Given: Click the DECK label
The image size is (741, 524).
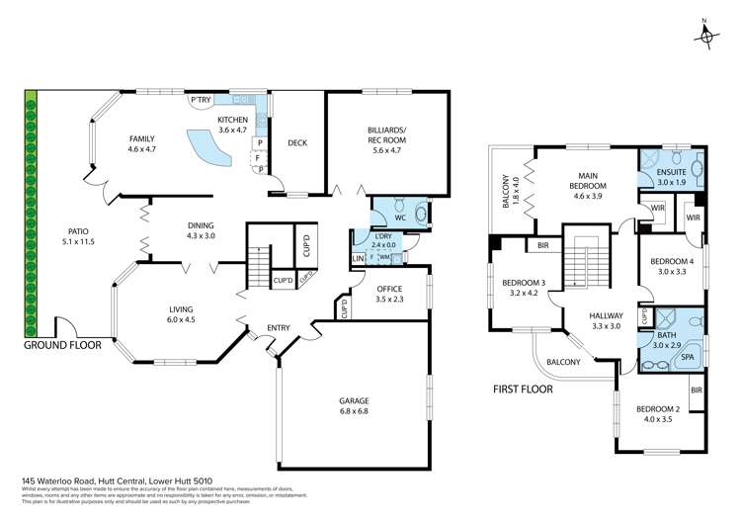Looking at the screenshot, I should click(296, 143).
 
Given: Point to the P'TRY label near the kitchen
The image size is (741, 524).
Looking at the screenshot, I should click(201, 99).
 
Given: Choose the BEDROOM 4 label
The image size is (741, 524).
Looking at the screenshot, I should click(672, 267).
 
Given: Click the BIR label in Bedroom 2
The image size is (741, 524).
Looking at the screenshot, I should click(697, 391).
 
